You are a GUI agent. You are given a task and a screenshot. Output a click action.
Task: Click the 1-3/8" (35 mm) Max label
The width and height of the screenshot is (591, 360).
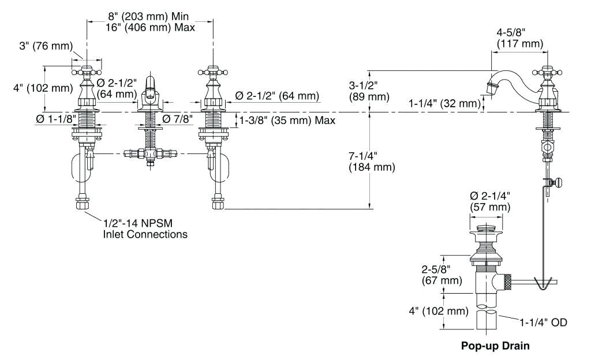point(286,121)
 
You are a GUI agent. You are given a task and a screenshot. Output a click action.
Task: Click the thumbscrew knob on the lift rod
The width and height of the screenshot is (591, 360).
point(558,183)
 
